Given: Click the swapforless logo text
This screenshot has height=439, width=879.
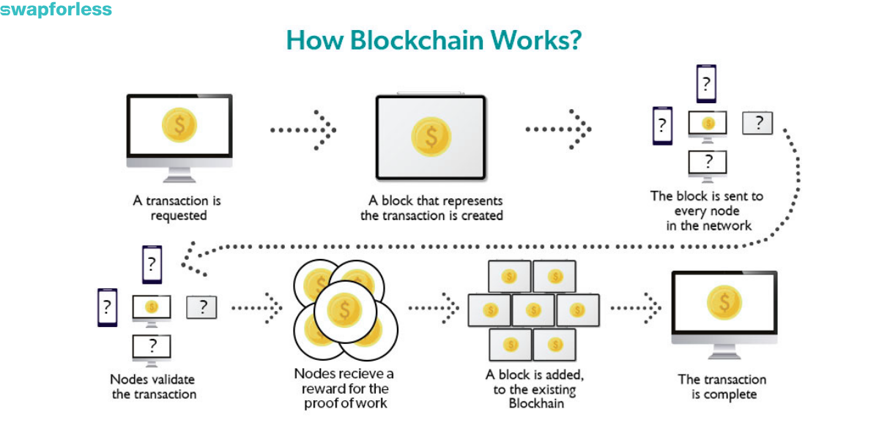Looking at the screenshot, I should tap(56, 10).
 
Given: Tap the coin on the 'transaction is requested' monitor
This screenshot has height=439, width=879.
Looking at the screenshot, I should tap(179, 124).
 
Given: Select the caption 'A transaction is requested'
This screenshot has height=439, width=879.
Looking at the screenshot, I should tap(177, 208).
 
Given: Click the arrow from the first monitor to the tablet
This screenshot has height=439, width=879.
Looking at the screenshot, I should tap(303, 130).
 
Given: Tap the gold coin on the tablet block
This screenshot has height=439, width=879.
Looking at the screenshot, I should tap(431, 135).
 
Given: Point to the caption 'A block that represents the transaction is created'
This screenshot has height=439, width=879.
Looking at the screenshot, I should tap(431, 208).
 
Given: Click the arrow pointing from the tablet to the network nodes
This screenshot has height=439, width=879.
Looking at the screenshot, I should tap(559, 130).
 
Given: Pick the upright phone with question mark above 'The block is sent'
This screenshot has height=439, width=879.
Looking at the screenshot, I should tap(705, 83).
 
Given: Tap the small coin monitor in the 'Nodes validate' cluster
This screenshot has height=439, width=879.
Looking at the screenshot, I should tap(152, 307).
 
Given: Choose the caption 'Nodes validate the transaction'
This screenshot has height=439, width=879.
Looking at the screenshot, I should tap(154, 386).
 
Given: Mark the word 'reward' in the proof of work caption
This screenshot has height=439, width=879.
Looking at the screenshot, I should tap(323, 388).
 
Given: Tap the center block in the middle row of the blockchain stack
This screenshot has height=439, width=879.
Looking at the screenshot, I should tap(533, 309).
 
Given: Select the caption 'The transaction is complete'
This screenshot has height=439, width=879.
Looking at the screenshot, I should tap(722, 386).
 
